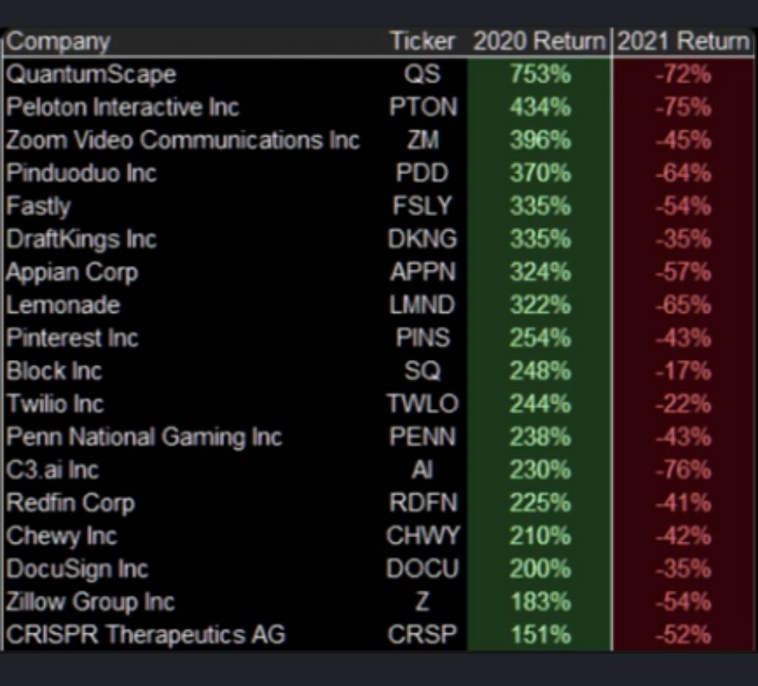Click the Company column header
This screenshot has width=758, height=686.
click(59, 41)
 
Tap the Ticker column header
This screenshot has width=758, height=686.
click(423, 41)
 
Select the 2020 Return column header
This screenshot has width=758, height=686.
click(539, 41)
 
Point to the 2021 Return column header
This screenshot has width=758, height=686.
click(683, 41)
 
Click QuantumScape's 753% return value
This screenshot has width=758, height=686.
click(540, 74)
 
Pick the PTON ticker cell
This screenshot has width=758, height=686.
click(423, 107)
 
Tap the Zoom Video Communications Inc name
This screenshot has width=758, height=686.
click(182, 140)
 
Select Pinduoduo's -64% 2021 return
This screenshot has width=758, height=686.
click(683, 173)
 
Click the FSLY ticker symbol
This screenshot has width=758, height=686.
click(423, 206)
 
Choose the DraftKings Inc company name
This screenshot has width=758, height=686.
click(81, 239)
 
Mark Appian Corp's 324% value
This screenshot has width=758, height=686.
click(540, 272)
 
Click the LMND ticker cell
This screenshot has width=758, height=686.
click(423, 305)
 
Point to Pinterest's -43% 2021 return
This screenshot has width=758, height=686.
click(683, 338)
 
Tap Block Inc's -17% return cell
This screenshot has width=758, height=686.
click(683, 371)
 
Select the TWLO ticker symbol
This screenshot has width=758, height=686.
click(423, 404)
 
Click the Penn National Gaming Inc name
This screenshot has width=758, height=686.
click(144, 437)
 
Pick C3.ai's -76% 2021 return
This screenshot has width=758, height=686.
click(683, 470)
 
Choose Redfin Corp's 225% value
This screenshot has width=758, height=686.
click(540, 503)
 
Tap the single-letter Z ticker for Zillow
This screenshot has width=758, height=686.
click(422, 602)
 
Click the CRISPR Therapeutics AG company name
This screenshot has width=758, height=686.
click(146, 635)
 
